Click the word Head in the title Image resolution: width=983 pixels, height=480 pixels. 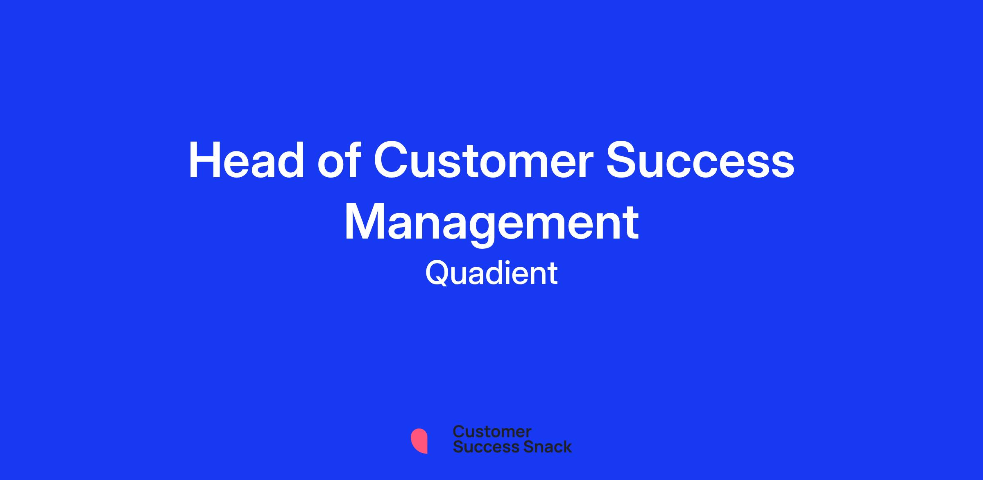click(246, 160)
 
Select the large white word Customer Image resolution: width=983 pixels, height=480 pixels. click(484, 160)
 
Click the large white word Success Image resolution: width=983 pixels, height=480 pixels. click(700, 160)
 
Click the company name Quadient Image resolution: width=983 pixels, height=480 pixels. click(491, 273)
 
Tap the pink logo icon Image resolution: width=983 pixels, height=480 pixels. click(419, 441)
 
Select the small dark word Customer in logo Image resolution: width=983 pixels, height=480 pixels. click(492, 432)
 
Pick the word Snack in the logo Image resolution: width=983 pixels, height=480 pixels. click(541, 447)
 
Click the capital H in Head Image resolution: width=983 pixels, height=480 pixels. click(204, 160)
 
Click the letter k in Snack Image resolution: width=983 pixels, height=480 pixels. click(566, 447)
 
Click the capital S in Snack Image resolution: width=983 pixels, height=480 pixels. click(517, 447)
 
